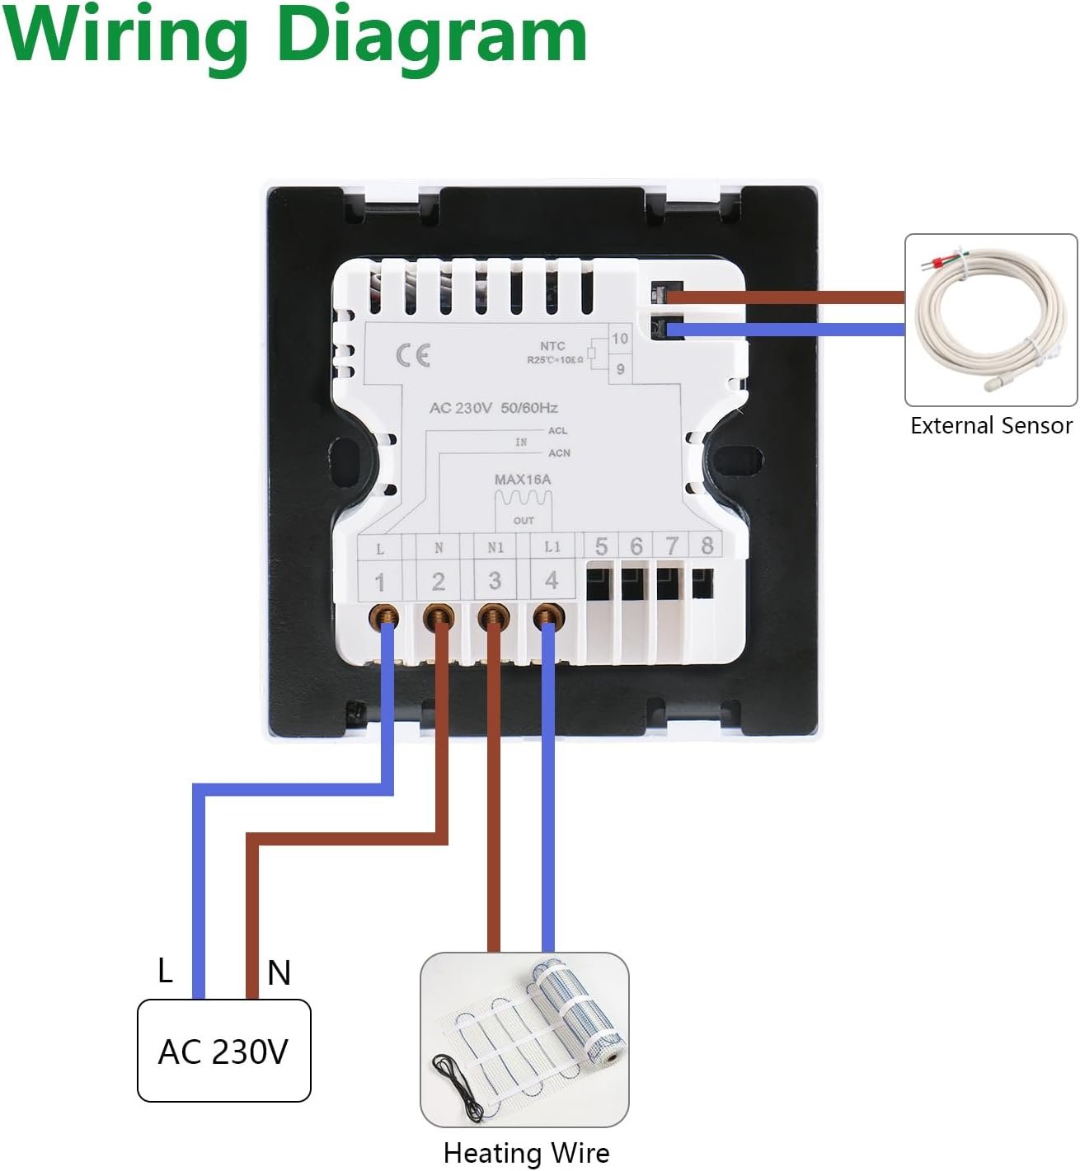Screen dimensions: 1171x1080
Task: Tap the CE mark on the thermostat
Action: (x=413, y=355)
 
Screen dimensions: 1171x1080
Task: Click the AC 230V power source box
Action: (x=223, y=1051)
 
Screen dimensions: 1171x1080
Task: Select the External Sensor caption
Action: (x=991, y=425)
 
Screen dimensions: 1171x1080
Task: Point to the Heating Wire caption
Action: (x=526, y=1153)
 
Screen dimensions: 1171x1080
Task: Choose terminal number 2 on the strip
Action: (x=438, y=582)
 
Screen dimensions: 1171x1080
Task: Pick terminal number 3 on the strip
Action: (x=495, y=581)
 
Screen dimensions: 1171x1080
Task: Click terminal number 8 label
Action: (x=707, y=546)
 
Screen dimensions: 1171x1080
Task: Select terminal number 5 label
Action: (x=601, y=546)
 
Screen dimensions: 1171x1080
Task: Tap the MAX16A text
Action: (x=523, y=480)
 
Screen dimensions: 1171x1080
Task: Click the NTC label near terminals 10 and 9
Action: (x=552, y=346)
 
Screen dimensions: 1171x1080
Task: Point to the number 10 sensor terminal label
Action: (x=620, y=339)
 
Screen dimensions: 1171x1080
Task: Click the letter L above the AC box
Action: (x=165, y=971)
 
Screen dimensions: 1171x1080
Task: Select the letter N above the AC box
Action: (x=279, y=973)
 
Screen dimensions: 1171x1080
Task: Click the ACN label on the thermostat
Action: (x=559, y=453)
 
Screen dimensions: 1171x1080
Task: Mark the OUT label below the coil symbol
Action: (x=524, y=521)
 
